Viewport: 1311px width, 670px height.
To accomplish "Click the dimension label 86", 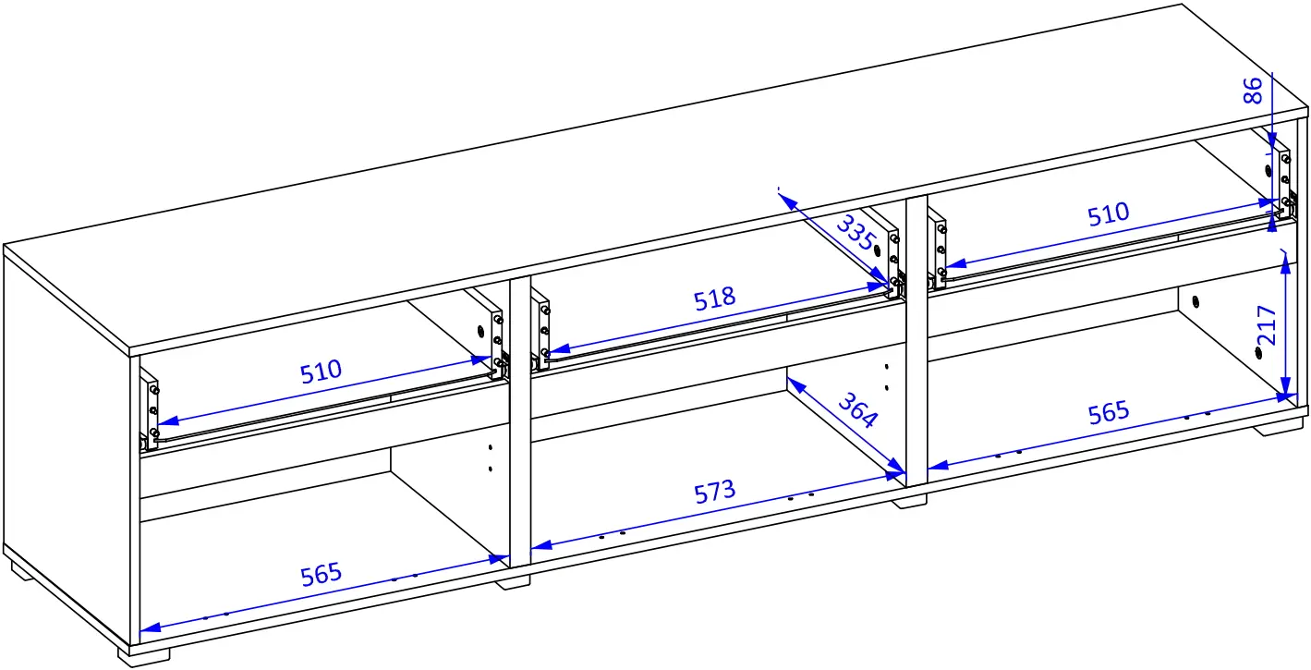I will (x=1253, y=90).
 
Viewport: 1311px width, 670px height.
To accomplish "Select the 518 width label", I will (x=714, y=298).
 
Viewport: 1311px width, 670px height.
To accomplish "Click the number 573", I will (x=714, y=491).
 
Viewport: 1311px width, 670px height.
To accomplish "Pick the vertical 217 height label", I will (x=1267, y=325).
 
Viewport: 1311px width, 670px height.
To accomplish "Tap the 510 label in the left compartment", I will (x=321, y=372).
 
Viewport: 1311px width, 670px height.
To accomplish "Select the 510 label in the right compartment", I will (x=1108, y=214).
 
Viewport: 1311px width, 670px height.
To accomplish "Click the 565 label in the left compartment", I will (x=321, y=574).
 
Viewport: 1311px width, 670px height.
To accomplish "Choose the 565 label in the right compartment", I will (x=1108, y=411).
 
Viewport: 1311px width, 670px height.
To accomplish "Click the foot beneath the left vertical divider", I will (x=514, y=581).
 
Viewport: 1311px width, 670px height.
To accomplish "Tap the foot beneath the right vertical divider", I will (x=909, y=501).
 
